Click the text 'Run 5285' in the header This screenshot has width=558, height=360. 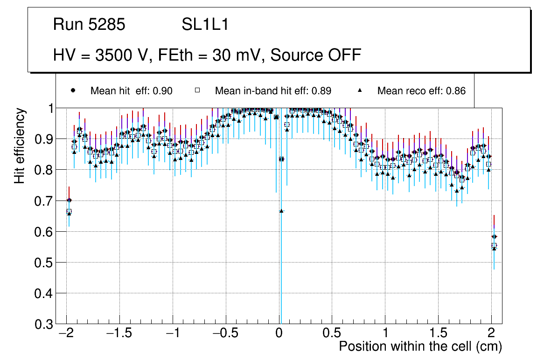(89, 25)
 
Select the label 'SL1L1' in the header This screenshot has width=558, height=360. (205, 25)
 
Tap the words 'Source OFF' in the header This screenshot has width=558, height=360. (316, 55)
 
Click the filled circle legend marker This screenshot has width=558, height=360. (73, 90)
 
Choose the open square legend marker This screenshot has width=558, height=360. (197, 90)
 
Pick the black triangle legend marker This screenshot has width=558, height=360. (360, 90)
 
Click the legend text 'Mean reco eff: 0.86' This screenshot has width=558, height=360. (421, 91)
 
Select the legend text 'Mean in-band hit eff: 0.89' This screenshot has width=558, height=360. (273, 91)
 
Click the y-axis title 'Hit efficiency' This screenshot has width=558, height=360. (20, 145)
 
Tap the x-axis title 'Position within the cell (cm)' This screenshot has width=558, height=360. (420, 346)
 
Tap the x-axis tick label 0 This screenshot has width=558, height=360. (279, 333)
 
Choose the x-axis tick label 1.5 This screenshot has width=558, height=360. (438, 333)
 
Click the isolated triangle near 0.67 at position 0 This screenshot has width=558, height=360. (281, 211)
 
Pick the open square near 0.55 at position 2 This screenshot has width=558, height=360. (494, 245)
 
